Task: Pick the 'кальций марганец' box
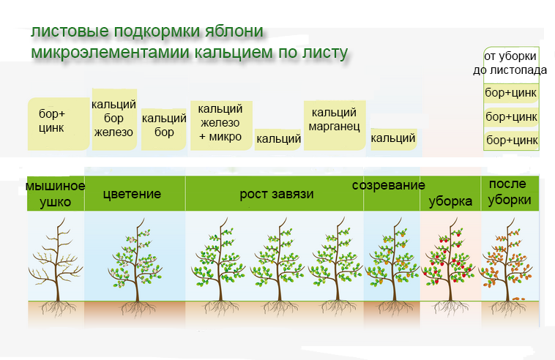[x=334, y=120]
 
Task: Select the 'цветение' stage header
[x=132, y=195]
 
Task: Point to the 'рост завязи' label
[x=277, y=195]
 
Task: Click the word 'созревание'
[x=389, y=185]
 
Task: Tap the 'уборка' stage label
[x=450, y=201]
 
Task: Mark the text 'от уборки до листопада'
[x=511, y=63]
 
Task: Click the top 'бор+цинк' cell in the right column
[x=511, y=94]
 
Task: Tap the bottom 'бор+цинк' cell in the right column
[x=511, y=140]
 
